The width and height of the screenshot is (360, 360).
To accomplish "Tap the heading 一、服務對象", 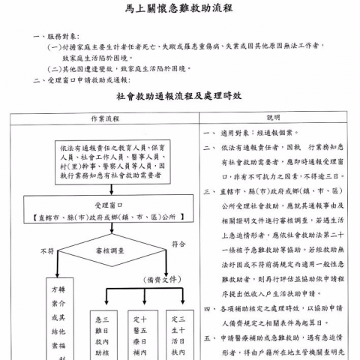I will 55,35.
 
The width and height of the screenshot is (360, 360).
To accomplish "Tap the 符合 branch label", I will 178,244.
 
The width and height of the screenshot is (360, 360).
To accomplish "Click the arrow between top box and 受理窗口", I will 109,189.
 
